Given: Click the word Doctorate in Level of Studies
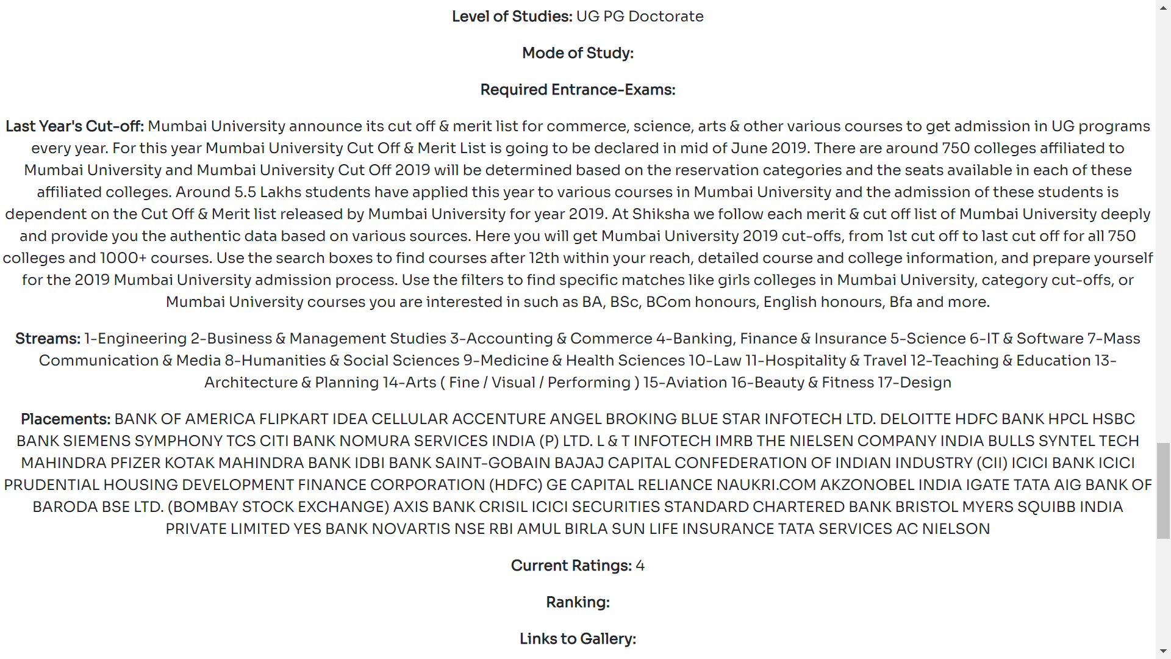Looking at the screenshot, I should tap(665, 16).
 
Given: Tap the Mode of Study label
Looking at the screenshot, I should tap(578, 53).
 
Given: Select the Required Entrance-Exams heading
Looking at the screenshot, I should tap(578, 90).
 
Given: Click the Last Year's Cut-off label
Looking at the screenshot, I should tap(74, 126).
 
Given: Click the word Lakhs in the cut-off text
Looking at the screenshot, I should tap(281, 192).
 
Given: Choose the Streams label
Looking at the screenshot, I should tap(48, 339).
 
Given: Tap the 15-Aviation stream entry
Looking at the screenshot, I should tap(684, 383).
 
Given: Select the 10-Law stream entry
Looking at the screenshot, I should tap(715, 361).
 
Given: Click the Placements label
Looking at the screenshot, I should tap(65, 419).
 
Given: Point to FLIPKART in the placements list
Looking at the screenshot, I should tap(293, 419).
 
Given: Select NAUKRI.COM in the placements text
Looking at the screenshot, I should tap(766, 485).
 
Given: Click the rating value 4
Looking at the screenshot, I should tap(640, 566).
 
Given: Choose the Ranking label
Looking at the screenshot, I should tap(578, 602).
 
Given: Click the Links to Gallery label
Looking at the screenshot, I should tap(578, 639).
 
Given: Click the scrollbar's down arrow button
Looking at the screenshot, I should tap(1163, 652).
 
